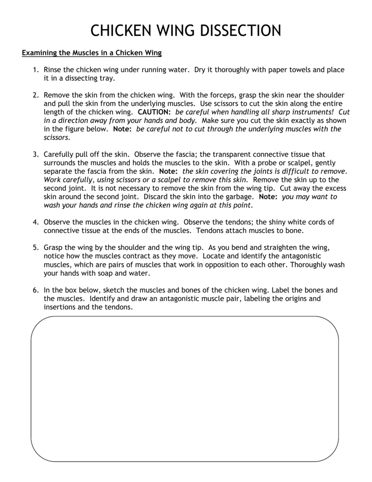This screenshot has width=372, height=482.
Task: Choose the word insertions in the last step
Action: pos(60,307)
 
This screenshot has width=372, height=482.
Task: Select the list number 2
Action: pos(36,95)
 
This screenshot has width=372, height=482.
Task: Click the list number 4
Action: pos(36,222)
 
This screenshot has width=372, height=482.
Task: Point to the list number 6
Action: pos(36,290)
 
